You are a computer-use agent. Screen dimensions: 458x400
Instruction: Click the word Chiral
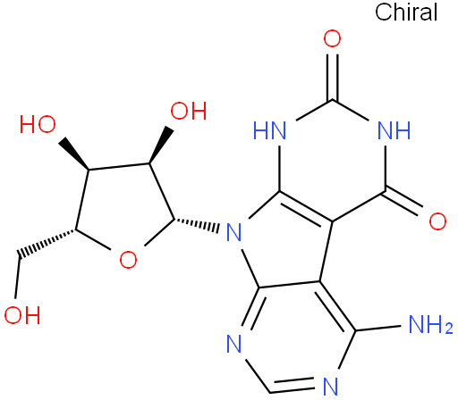click(406, 12)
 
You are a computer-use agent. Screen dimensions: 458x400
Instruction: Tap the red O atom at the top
click(332, 38)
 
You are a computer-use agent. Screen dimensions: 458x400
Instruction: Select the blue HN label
click(269, 130)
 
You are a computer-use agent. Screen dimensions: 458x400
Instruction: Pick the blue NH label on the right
click(394, 130)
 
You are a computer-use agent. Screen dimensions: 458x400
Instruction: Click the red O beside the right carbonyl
click(437, 221)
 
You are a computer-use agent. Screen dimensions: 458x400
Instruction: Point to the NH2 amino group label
click(430, 324)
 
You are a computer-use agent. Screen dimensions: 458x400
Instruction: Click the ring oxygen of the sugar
click(128, 260)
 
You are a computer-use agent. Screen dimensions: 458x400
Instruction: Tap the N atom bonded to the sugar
click(233, 232)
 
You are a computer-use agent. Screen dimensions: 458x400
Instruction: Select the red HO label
click(38, 124)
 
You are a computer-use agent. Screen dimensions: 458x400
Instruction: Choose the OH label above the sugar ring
click(189, 111)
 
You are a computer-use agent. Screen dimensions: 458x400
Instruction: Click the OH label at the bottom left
click(22, 315)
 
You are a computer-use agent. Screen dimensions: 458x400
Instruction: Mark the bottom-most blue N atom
click(330, 386)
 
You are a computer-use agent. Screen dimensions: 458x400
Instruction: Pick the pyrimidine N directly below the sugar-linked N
click(233, 344)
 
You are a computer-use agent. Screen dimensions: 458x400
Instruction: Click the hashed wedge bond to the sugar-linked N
click(197, 225)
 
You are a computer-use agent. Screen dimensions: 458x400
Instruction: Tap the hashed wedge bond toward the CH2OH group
click(47, 243)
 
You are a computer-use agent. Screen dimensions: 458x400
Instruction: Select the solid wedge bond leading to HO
click(73, 154)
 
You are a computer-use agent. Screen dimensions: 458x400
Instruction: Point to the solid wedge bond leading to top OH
click(161, 146)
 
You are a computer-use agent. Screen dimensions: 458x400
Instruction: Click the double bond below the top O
click(332, 78)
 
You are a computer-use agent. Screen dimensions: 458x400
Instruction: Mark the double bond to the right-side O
click(404, 200)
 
